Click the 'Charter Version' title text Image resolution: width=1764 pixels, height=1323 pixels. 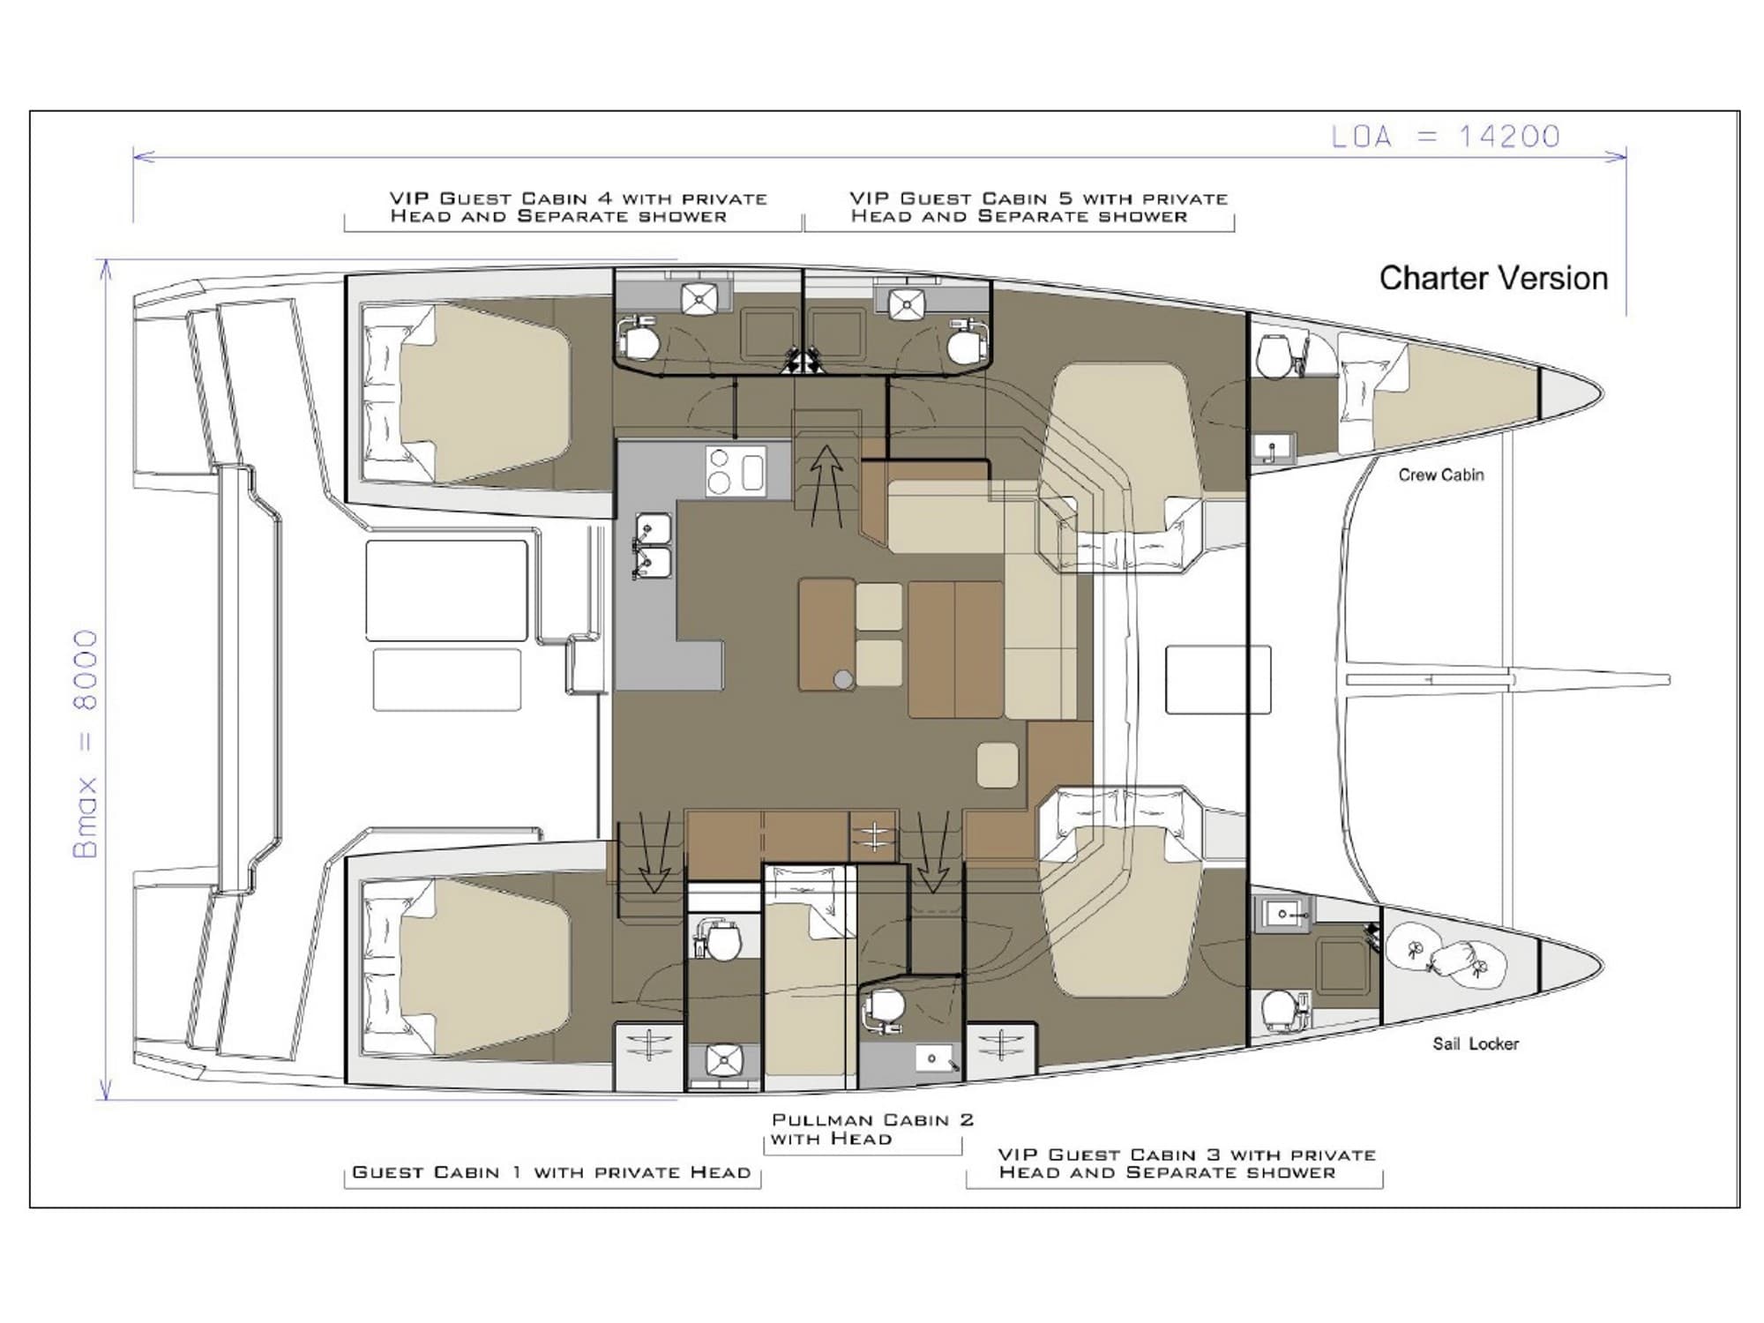tap(1493, 278)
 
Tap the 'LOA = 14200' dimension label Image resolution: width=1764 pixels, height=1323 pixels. tap(1446, 136)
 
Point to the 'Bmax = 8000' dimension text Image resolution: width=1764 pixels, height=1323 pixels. tap(86, 744)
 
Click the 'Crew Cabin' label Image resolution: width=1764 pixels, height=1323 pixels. tap(1441, 475)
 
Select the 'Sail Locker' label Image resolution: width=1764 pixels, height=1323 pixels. tap(1476, 1043)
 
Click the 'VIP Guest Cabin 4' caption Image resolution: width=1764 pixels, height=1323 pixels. tap(579, 207)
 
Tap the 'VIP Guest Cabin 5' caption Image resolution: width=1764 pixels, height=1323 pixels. tap(1039, 207)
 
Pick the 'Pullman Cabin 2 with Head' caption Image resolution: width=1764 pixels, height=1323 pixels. tap(872, 1129)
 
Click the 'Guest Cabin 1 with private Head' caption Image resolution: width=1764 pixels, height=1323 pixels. tap(551, 1172)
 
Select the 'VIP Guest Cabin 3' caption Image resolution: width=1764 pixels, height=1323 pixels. tap(1187, 1163)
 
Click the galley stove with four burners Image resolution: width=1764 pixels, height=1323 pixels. tap(736, 471)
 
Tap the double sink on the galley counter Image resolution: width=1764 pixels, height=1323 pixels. tap(654, 546)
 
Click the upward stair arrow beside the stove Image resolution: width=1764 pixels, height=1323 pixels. tap(826, 486)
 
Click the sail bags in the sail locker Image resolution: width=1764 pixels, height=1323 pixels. tap(1444, 957)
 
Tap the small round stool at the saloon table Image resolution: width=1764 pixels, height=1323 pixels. tap(843, 679)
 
